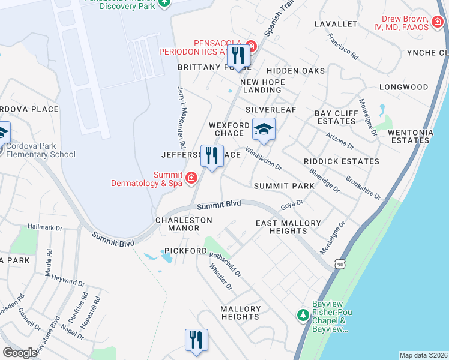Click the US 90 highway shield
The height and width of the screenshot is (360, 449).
(340, 263)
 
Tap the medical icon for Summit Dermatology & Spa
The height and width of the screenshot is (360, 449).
(191, 177)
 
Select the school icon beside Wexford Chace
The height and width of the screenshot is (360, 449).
(263, 128)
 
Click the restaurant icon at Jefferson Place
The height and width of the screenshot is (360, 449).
(211, 156)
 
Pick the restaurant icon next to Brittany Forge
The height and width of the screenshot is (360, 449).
(238, 56)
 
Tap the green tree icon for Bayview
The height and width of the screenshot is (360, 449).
(303, 314)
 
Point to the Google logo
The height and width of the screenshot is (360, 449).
(20, 353)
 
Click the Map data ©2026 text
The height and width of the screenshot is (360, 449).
(423, 355)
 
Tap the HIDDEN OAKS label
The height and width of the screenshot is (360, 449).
(300, 71)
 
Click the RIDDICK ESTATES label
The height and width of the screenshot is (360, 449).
(341, 161)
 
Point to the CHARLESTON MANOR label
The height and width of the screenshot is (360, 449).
(184, 224)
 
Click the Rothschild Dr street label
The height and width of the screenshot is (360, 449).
(225, 264)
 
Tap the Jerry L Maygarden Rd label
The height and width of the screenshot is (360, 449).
(180, 117)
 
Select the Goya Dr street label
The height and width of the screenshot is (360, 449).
(291, 206)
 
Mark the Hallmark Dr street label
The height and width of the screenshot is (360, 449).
(45, 228)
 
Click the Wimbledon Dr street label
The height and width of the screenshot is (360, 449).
(263, 157)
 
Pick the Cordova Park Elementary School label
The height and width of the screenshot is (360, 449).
(41, 150)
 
